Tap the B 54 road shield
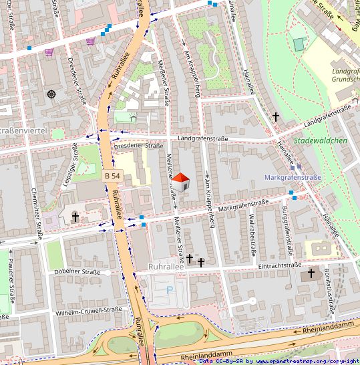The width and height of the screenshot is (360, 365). click(112, 175)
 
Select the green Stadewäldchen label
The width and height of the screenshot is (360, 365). click(321, 140)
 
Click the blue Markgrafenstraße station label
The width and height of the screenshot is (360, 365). click(293, 178)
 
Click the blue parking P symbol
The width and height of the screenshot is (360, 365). click(169, 290)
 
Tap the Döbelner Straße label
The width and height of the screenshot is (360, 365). click(77, 272)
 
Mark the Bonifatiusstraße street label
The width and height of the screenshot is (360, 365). click(329, 291)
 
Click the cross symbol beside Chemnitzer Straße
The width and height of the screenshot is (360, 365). click(75, 217)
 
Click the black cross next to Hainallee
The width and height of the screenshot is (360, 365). click(275, 116)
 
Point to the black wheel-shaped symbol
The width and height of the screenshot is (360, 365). click(52, 94)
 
